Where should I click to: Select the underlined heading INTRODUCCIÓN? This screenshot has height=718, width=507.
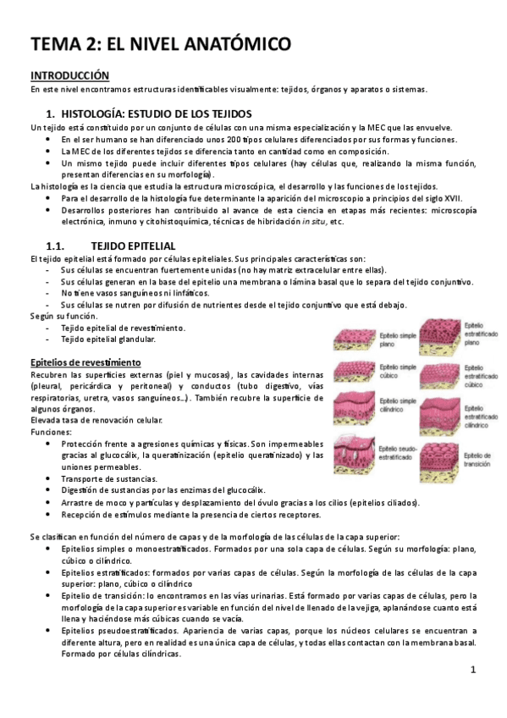pos(70,75)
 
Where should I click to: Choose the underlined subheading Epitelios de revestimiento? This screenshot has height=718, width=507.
pos(85,362)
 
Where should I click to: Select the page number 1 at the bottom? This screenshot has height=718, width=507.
pos(474,671)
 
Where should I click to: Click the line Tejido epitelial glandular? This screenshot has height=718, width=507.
pos(108,340)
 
